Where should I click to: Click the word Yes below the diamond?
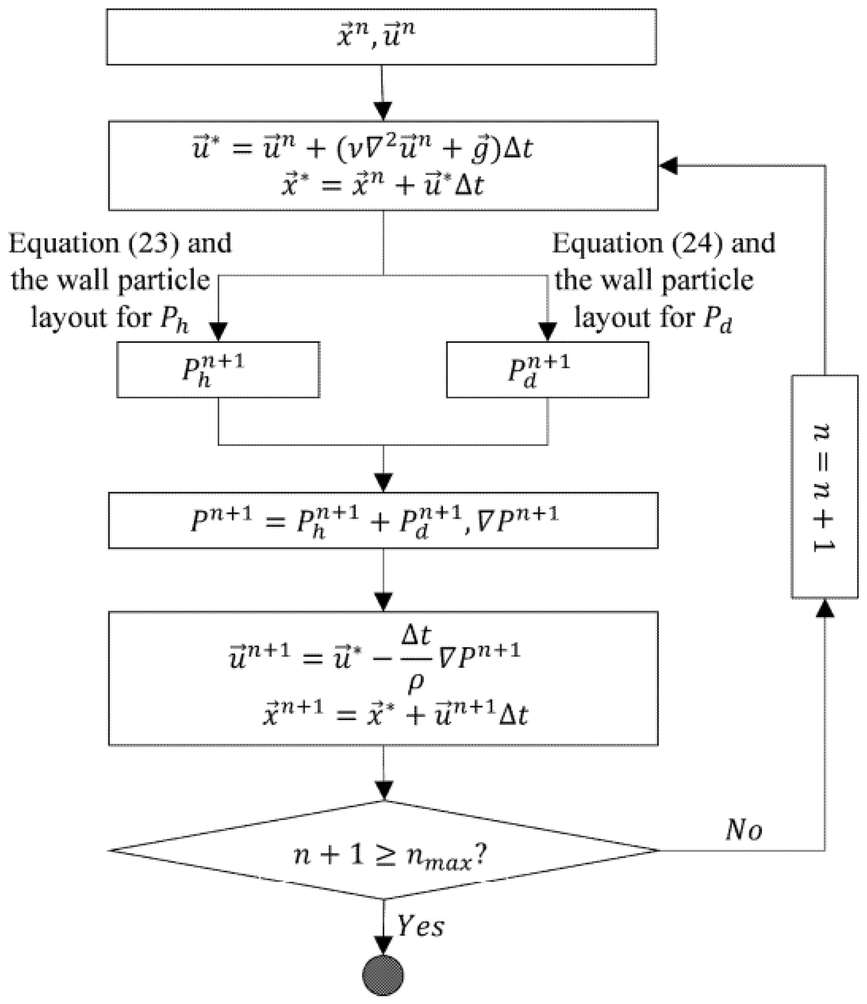(x=420, y=926)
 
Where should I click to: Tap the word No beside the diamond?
(x=744, y=831)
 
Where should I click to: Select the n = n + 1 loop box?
(x=824, y=487)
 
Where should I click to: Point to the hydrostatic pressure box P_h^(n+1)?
(x=218, y=370)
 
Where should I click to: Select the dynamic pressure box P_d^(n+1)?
(x=547, y=370)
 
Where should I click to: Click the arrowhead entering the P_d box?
(x=547, y=332)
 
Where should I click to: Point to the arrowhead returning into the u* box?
(x=668, y=166)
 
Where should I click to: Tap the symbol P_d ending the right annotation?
(x=717, y=319)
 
